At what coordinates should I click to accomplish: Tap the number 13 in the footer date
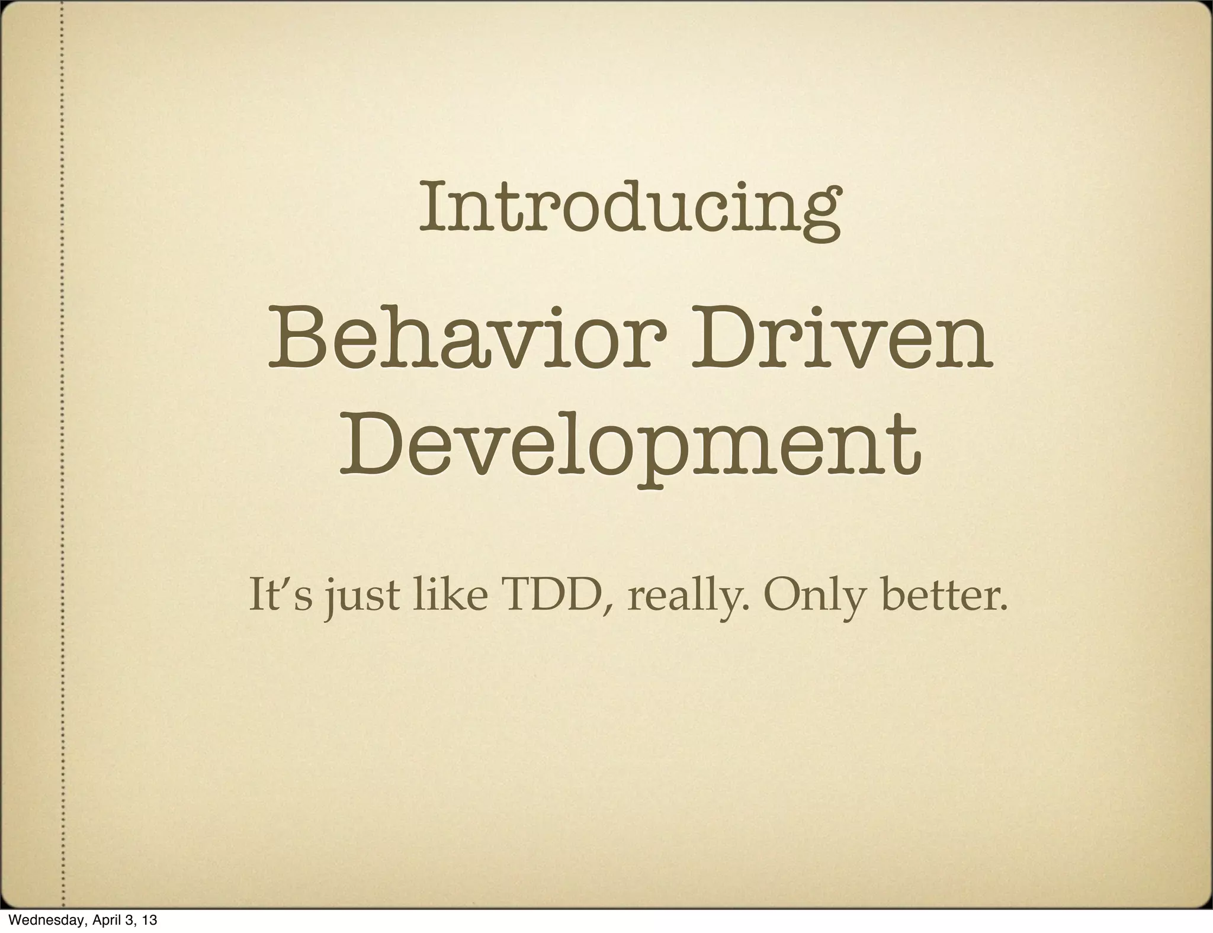[x=150, y=920]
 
